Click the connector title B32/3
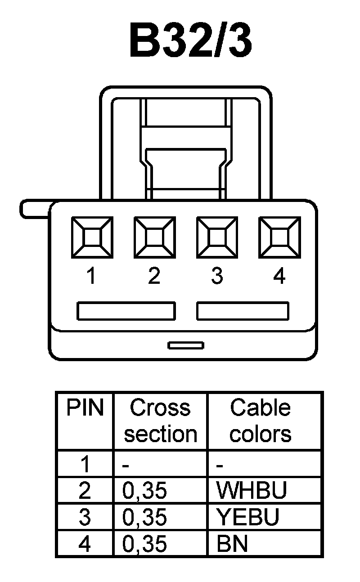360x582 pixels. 190,41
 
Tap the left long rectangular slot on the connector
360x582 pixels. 126,311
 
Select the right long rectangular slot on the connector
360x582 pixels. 243,311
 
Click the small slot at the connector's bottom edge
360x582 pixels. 186,345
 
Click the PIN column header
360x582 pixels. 85,408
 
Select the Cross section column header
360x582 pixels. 161,421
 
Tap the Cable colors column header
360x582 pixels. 261,421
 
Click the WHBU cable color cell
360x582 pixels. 251,491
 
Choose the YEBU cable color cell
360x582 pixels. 247,517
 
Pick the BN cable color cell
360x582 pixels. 232,544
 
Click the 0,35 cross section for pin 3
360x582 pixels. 144,517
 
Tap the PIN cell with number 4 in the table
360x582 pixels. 85,544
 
